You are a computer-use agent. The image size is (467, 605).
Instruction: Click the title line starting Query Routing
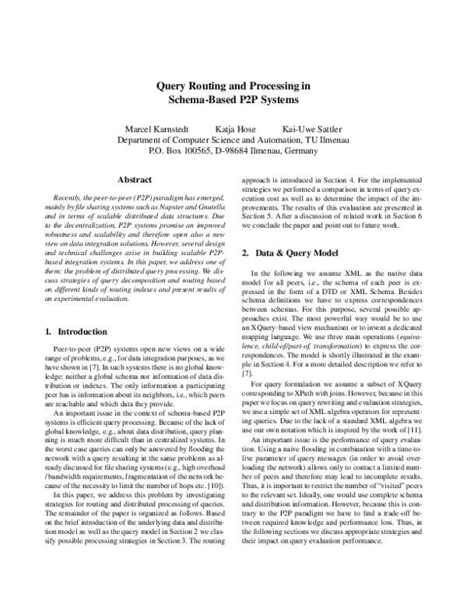[234, 87]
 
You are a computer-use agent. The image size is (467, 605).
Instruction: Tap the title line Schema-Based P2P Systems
[234, 101]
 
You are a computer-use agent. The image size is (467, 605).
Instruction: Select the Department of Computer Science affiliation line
[234, 140]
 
